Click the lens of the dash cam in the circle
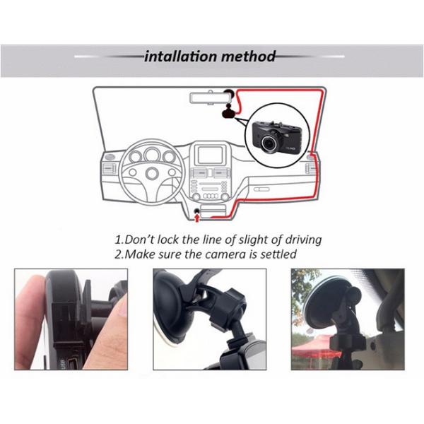[x=269, y=142]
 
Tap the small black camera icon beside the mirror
[x=228, y=111]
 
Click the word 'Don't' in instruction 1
[x=141, y=240]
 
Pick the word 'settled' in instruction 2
[x=276, y=254]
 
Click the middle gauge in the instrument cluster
[x=151, y=154]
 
